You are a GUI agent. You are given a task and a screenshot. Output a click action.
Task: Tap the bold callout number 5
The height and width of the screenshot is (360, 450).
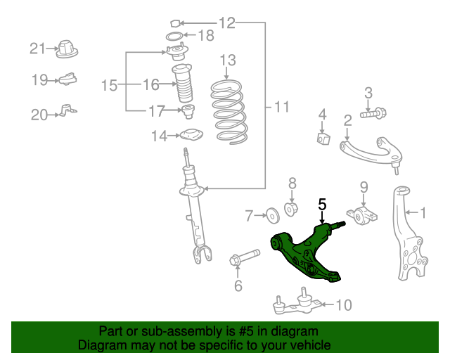pyautogui.click(x=322, y=205)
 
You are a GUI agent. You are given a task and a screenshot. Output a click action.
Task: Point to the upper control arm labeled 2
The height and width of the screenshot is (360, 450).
pyautogui.click(x=370, y=148)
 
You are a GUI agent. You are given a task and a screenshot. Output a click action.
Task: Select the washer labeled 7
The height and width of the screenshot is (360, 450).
pyautogui.click(x=271, y=214)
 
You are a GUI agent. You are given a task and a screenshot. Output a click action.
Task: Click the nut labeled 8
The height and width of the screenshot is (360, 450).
pyautogui.click(x=292, y=208)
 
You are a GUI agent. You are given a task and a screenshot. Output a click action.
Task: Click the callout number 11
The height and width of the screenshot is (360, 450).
pyautogui.click(x=281, y=108)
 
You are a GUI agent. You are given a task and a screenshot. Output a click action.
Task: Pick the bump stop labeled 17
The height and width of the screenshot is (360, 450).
pyautogui.click(x=188, y=111)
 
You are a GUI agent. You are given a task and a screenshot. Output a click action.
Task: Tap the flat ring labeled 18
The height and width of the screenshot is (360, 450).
pyautogui.click(x=176, y=36)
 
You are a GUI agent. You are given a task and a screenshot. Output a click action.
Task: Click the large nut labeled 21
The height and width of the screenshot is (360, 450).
pyautogui.click(x=67, y=49)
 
